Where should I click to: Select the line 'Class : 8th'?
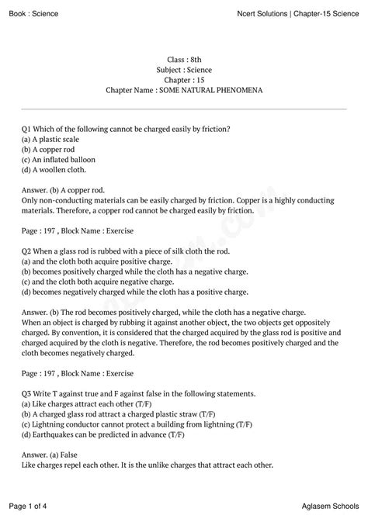click(184, 60)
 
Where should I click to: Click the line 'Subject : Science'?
click(184, 70)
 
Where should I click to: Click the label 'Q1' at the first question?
click(26, 127)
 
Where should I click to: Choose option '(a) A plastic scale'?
click(54, 137)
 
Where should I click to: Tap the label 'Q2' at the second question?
click(26, 251)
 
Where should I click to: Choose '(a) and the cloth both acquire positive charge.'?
click(103, 261)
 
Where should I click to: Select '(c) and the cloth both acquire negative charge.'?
click(104, 282)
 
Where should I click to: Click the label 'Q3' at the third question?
click(26, 394)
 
